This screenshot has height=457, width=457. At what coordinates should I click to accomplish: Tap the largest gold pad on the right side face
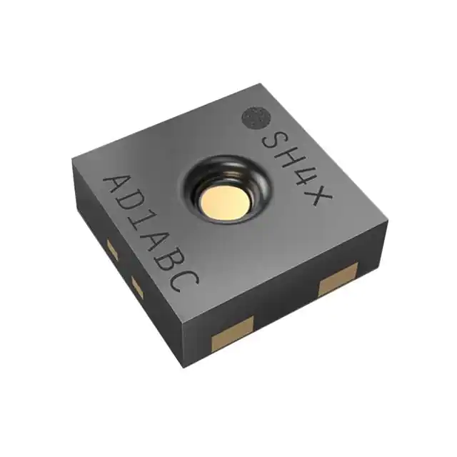pos(338,278)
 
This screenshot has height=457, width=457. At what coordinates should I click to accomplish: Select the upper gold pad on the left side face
pos(111,249)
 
